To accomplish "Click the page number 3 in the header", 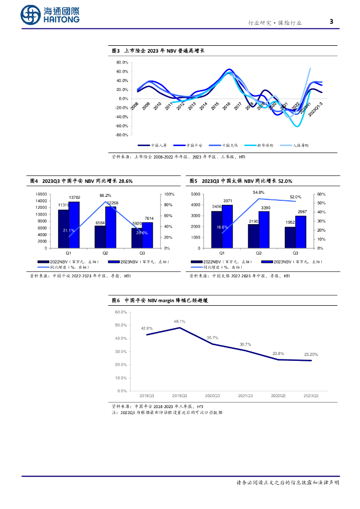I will coord(331,22).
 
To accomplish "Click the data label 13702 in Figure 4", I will coord(75,198).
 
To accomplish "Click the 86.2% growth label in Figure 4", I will coord(105,195).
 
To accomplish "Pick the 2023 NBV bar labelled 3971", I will coord(227,226).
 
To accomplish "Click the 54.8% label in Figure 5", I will coord(259,192).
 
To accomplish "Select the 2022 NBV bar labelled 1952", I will coord(290,237).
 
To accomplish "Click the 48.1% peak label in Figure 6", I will coord(180,321).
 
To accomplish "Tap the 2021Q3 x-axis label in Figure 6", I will coord(246,396).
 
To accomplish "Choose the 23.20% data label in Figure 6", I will coord(311,354).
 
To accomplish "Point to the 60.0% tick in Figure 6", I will coord(121,312).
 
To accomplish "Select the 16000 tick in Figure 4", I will coord(42,194).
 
